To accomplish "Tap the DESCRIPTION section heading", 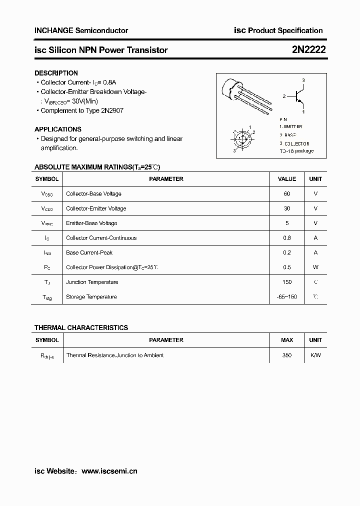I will (x=56, y=73).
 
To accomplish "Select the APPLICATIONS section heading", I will (x=58, y=129).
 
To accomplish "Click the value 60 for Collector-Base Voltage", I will (x=286, y=193).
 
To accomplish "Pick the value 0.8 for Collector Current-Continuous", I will (x=286, y=238).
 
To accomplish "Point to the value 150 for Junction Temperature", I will (x=286, y=282).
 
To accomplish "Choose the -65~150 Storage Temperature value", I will (x=286, y=297).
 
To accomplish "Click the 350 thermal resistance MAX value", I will (x=286, y=355).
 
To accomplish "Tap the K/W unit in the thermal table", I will (x=315, y=355).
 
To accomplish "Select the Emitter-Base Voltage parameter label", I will (x=91, y=223).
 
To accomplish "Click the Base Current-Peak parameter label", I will (x=89, y=253).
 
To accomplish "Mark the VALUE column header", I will (x=286, y=179).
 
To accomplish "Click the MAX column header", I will (x=286, y=340).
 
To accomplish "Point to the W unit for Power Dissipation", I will (x=315, y=267).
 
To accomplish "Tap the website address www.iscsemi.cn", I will (x=109, y=471).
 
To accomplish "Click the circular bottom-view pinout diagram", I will (x=243, y=138).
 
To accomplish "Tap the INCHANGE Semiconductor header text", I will (x=81, y=30).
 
